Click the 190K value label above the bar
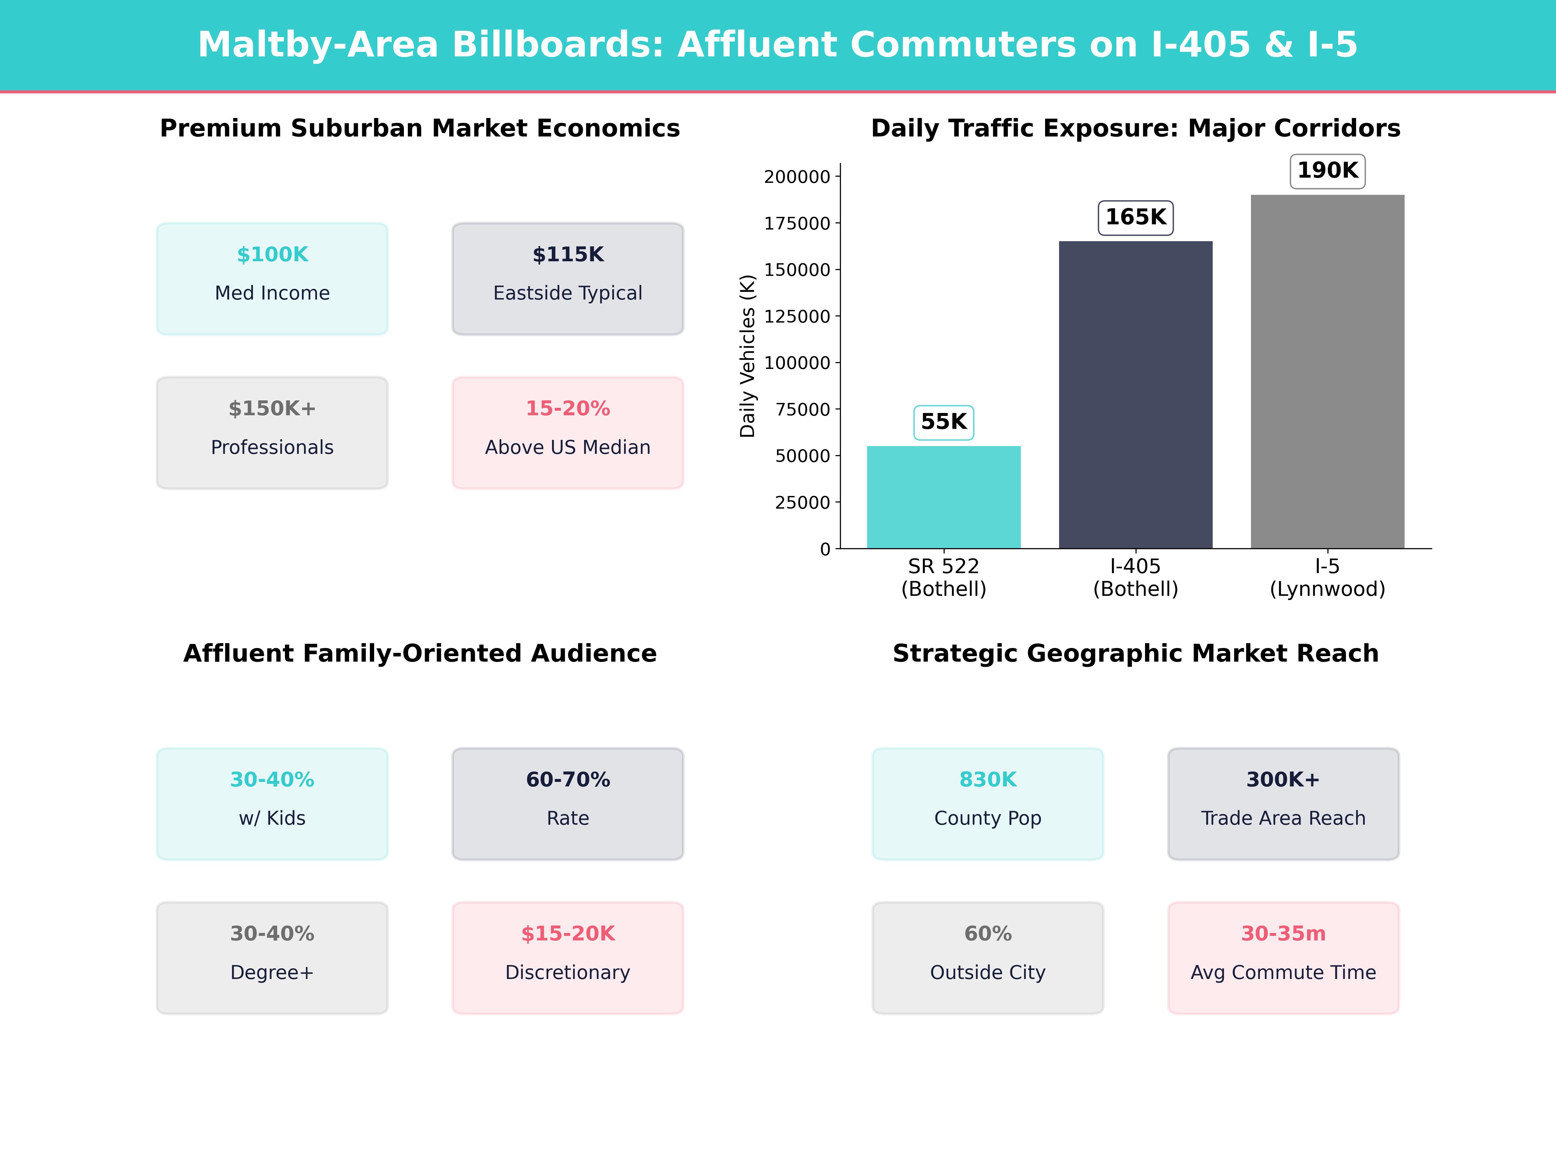pyautogui.click(x=1327, y=171)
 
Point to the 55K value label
pyautogui.click(x=943, y=422)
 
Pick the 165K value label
pyautogui.click(x=1135, y=218)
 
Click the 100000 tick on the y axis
pyautogui.click(x=797, y=363)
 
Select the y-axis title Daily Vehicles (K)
pyautogui.click(x=747, y=356)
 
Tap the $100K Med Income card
pyautogui.click(x=272, y=278)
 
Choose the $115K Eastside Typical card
pyautogui.click(x=568, y=278)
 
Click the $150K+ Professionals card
pyautogui.click(x=272, y=433)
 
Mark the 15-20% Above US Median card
pyautogui.click(x=568, y=433)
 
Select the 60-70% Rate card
pyautogui.click(x=568, y=803)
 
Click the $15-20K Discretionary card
pyautogui.click(x=568, y=957)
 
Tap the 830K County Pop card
pyautogui.click(x=988, y=803)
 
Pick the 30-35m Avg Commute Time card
pyautogui.click(x=1283, y=957)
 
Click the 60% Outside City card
pyautogui.click(x=988, y=957)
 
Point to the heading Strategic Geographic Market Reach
pyautogui.click(x=1135, y=654)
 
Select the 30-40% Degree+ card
pyautogui.click(x=272, y=957)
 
